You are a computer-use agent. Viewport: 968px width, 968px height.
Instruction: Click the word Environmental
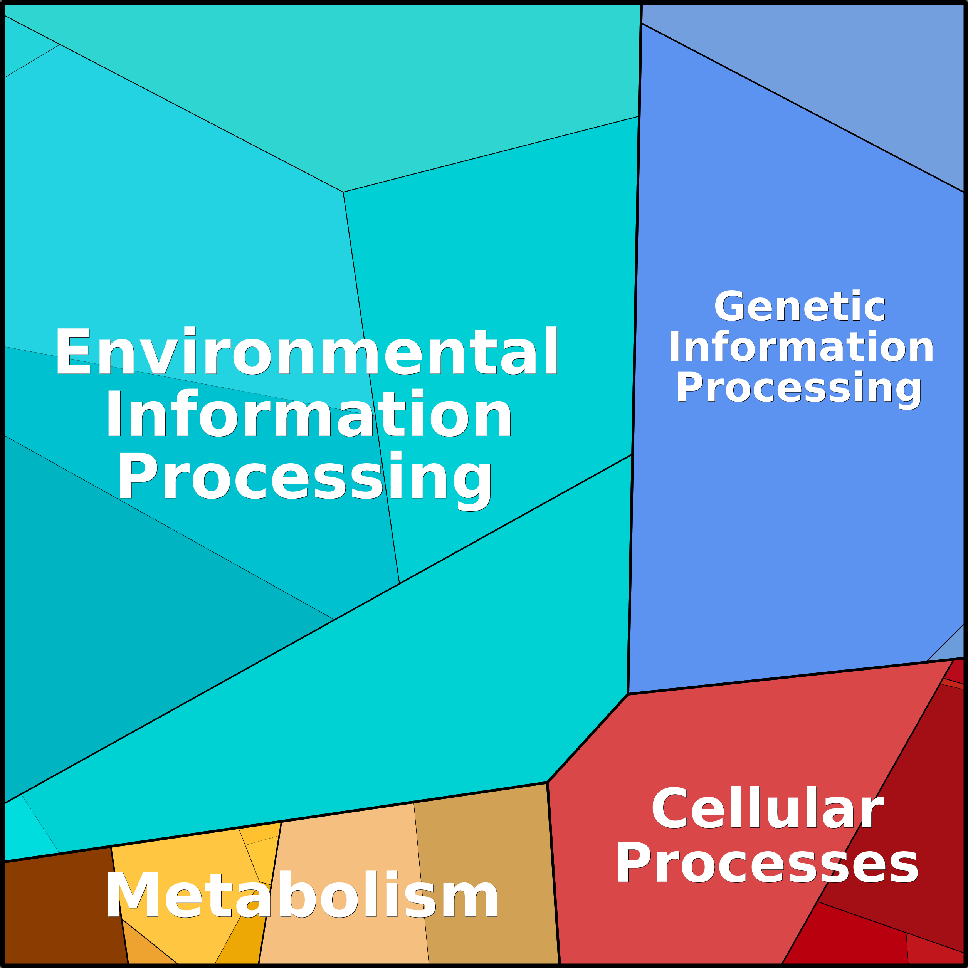pos(307,351)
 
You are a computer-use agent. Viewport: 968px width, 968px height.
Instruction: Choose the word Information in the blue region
pos(801,347)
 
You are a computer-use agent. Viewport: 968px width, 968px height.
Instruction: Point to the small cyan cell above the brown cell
pos(25,832)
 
